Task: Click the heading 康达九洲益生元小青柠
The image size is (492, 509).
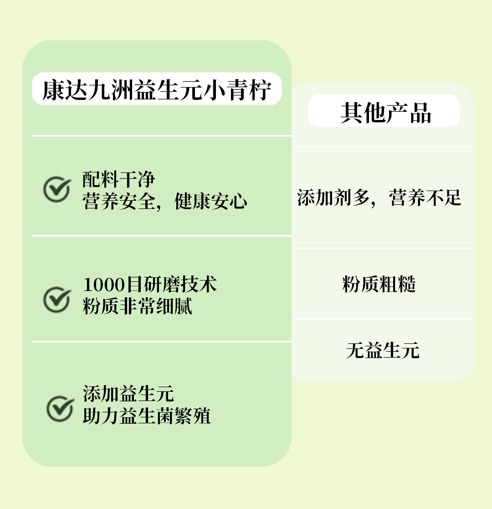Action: [157, 89]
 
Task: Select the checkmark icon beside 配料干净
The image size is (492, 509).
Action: [57, 189]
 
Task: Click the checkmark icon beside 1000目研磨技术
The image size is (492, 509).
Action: [57, 299]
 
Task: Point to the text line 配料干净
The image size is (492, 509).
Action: [119, 179]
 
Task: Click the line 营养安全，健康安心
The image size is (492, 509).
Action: [165, 201]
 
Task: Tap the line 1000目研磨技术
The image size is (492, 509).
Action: [150, 284]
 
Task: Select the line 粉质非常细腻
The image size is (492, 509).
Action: [137, 306]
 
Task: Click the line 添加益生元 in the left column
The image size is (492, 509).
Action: [128, 394]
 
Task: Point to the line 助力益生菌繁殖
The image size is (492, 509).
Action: [147, 416]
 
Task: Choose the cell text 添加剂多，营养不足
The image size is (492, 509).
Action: [379, 197]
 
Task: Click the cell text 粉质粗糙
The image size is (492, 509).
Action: [379, 285]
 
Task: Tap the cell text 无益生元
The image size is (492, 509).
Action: [383, 351]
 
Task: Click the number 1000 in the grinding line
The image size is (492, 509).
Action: [104, 285]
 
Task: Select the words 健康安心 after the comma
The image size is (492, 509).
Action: [211, 201]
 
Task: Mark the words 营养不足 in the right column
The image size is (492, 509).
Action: [425, 197]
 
